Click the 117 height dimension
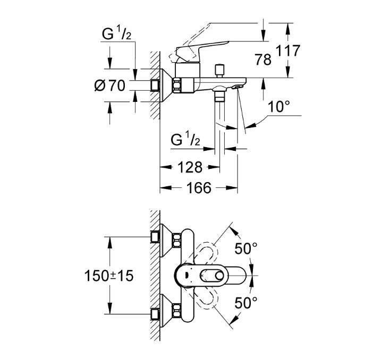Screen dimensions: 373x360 (288, 50)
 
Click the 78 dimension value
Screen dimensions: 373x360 (263, 59)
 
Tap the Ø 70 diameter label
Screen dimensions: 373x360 (109, 85)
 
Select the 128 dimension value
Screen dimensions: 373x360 (190, 167)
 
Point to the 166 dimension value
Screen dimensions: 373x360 (199, 187)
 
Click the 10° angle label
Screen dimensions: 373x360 (279, 106)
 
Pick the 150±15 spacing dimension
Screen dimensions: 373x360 (109, 276)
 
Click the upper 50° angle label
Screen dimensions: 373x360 (245, 248)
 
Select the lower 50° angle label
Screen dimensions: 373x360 (245, 303)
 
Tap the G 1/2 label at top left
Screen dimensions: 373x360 (116, 33)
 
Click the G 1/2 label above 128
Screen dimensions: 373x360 (185, 139)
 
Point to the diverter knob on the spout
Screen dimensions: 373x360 (218, 71)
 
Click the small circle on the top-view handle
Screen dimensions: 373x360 (219, 276)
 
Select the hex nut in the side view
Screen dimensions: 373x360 (177, 85)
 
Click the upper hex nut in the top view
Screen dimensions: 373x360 (177, 241)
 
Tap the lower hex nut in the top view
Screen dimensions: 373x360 (177, 311)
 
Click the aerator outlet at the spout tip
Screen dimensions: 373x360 (237, 87)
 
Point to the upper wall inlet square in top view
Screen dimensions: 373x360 (155, 237)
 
